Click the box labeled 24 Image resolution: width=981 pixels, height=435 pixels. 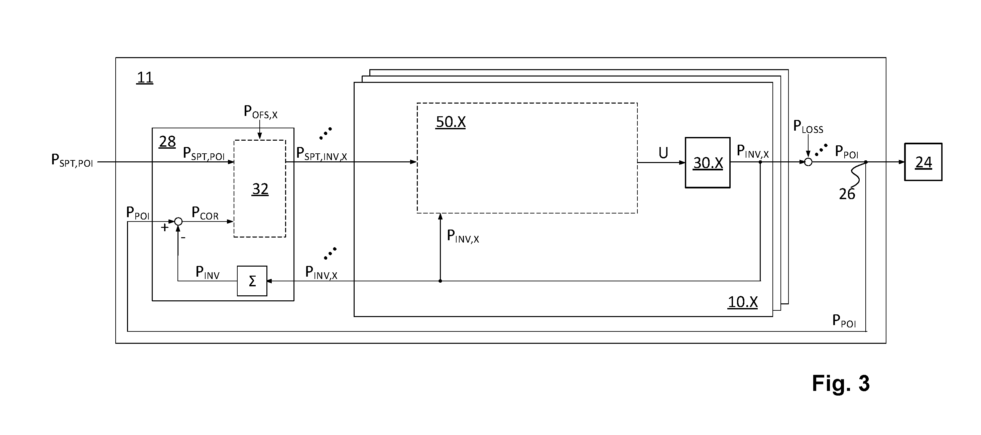pyautogui.click(x=923, y=162)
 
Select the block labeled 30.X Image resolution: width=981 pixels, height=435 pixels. pyautogui.click(x=708, y=162)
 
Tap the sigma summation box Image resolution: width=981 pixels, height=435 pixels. pyautogui.click(x=252, y=281)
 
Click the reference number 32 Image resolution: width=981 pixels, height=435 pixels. pyautogui.click(x=260, y=189)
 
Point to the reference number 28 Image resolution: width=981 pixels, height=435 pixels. pyautogui.click(x=167, y=142)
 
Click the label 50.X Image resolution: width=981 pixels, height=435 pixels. pyautogui.click(x=451, y=122)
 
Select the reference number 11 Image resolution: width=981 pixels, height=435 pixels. pyautogui.click(x=145, y=77)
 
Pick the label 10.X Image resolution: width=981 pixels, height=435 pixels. pyautogui.click(x=743, y=302)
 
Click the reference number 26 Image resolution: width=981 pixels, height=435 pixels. pyautogui.click(x=847, y=194)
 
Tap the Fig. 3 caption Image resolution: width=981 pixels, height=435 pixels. pyautogui.click(x=841, y=383)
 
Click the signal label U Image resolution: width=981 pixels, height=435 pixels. pyautogui.click(x=663, y=153)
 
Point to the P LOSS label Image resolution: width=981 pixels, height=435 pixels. pyautogui.click(x=808, y=127)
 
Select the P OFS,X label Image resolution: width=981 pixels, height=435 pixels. pyautogui.click(x=260, y=112)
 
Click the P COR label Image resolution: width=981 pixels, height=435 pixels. pyautogui.click(x=205, y=213)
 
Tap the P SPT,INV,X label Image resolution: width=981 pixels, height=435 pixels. pyautogui.click(x=322, y=154)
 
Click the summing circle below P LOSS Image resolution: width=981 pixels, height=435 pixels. pyautogui.click(x=808, y=162)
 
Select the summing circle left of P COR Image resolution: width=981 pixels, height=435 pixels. pyautogui.click(x=178, y=222)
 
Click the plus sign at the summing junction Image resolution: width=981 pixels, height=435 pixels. pyautogui.click(x=164, y=228)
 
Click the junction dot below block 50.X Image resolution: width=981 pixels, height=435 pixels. pyautogui.click(x=440, y=281)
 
